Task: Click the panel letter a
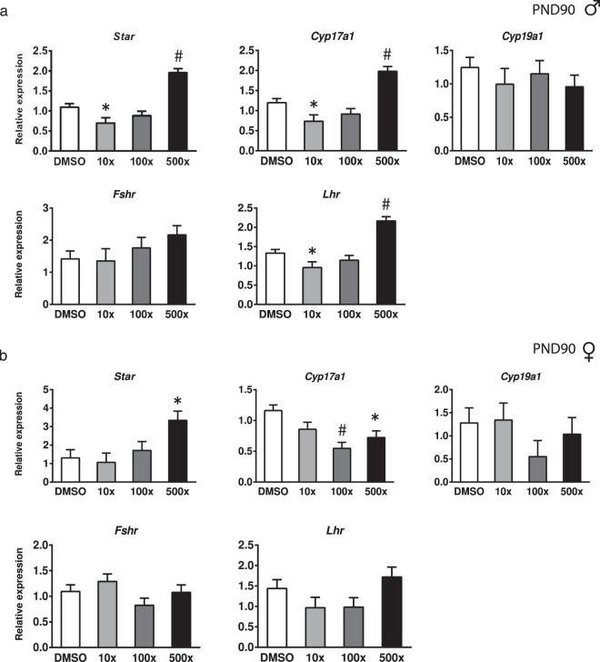tap(6, 6)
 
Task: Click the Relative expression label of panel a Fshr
tap(17, 256)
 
